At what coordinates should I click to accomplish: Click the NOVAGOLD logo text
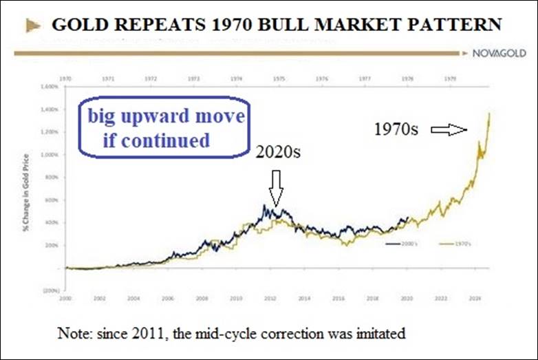501,53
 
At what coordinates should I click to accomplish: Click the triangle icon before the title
32,27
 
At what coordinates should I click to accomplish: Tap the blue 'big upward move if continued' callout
165,129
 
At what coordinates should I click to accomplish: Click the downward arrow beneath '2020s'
275,189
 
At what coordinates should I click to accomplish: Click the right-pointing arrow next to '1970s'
448,129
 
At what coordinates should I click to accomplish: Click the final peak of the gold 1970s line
489,114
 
